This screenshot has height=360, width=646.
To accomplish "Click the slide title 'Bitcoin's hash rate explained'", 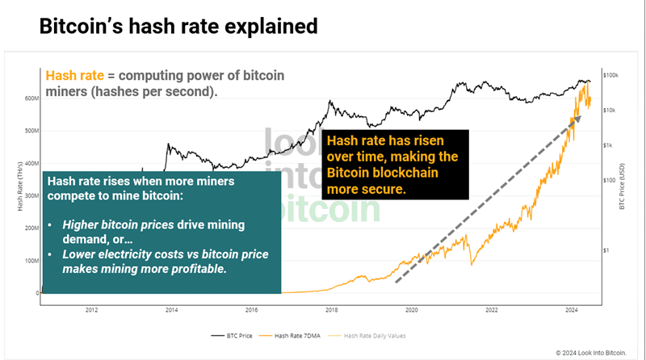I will click(x=178, y=27).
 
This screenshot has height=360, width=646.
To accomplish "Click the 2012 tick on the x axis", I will click(x=91, y=309).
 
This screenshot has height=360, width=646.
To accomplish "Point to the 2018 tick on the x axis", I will click(x=332, y=309).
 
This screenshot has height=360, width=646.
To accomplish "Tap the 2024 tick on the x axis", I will click(x=571, y=309).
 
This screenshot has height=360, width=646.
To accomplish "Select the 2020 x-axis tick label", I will click(x=411, y=309).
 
